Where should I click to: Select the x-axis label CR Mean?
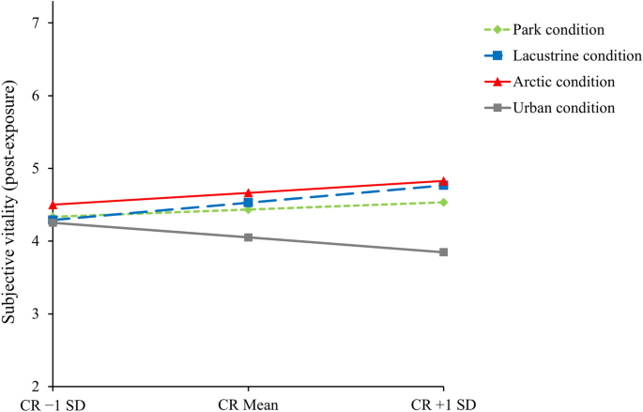click(249, 404)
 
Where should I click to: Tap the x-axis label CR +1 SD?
click(444, 404)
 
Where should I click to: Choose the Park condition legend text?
click(555, 32)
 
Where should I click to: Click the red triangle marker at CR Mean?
click(249, 192)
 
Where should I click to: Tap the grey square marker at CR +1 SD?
click(444, 252)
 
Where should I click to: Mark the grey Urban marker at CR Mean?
click(249, 237)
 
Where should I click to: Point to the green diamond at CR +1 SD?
click(444, 202)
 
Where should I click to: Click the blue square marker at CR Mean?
click(249, 203)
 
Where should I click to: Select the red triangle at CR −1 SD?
click(54, 205)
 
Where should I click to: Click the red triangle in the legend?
click(499, 83)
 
